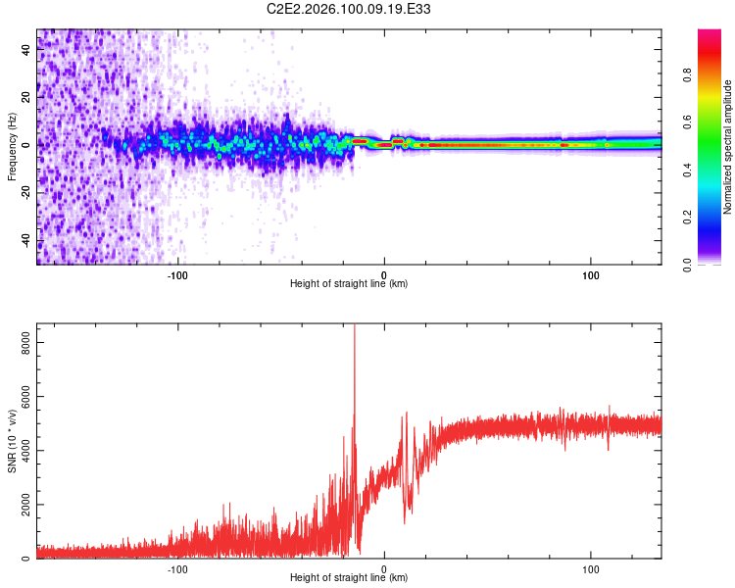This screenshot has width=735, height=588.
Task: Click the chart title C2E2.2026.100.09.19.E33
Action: tap(350, 9)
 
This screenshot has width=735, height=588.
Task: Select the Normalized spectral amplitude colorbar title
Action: tap(727, 147)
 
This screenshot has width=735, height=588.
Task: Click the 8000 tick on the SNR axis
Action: tap(20, 342)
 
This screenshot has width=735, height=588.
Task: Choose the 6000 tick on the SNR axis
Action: tap(20, 397)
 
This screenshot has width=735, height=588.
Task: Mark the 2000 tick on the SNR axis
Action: tap(20, 505)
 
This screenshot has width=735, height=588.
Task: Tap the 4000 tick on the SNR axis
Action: tap(20, 451)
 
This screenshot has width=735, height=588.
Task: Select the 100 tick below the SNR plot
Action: tap(591, 567)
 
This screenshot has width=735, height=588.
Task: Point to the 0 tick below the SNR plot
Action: tap(384, 567)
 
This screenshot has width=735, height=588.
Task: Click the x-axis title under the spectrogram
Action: tap(349, 284)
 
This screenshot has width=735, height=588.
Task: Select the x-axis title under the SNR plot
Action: tap(349, 578)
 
